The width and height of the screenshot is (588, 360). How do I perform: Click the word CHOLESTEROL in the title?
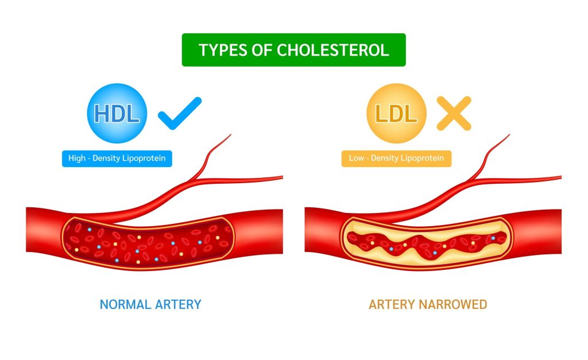[332, 50]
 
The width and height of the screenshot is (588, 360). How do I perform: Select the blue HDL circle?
[117, 113]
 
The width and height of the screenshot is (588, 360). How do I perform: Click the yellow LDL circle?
[396, 113]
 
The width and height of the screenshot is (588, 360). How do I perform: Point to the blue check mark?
[179, 113]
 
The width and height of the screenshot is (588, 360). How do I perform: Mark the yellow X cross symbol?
[454, 113]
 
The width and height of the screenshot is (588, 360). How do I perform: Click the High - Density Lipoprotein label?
[117, 158]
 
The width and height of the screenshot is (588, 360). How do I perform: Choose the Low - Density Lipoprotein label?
[396, 158]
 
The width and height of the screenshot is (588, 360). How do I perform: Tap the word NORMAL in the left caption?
[125, 304]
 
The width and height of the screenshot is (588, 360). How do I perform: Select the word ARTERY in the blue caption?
[178, 304]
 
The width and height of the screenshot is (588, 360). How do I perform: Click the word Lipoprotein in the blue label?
[144, 158]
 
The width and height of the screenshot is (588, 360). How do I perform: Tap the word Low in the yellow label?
[356, 158]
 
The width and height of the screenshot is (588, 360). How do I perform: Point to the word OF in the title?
[262, 50]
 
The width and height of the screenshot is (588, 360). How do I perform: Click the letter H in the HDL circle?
[102, 113]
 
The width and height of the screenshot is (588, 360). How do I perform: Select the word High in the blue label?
[77, 158]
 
